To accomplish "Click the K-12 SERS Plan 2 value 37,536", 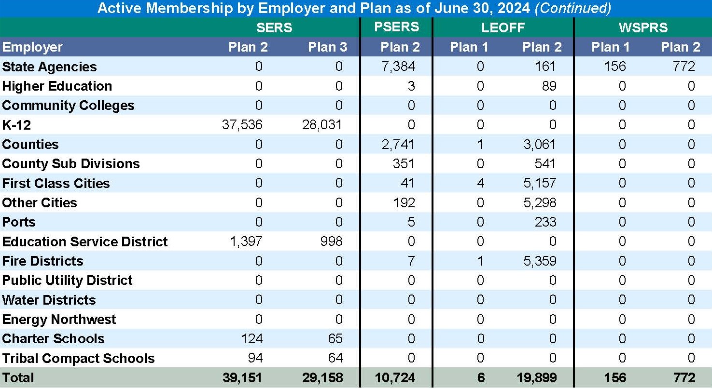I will click(242, 125).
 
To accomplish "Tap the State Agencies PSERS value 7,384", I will click(398, 67).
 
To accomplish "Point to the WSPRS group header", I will click(643, 27).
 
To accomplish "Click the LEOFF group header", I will click(503, 27).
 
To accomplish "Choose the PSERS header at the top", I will click(396, 27).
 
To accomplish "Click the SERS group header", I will click(274, 27).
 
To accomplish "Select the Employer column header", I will click(32, 47).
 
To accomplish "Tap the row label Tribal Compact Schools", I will click(78, 358).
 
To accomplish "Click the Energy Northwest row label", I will click(59, 319).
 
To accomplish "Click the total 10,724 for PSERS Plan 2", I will click(395, 377).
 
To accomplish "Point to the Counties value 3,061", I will click(539, 144).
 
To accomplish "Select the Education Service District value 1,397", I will click(246, 241).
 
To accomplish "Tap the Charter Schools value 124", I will click(252, 338).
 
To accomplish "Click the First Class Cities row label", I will click(56, 183).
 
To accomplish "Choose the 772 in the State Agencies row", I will click(684, 67).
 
